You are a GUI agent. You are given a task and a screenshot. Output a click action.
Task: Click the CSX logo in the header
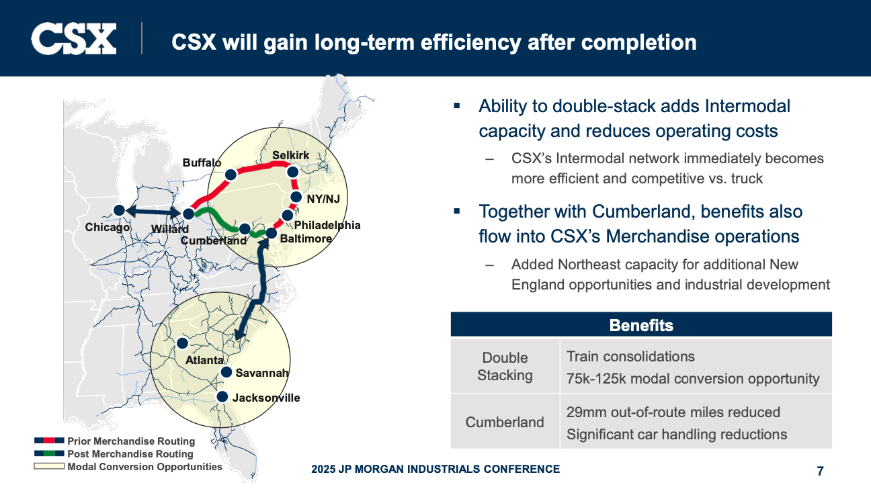(73, 38)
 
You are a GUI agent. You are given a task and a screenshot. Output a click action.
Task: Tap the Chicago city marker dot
(119, 210)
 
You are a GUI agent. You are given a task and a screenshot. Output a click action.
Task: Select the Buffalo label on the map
(202, 163)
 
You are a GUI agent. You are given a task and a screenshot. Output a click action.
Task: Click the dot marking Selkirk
(292, 172)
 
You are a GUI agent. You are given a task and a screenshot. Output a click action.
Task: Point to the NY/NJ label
(323, 199)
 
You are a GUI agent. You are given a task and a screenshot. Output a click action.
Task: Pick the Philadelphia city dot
(288, 215)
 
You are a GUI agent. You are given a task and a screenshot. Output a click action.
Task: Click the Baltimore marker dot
(271, 233)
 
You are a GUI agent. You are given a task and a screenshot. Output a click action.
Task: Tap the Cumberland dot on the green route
(245, 228)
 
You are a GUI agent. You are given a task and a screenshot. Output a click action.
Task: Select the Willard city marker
(189, 214)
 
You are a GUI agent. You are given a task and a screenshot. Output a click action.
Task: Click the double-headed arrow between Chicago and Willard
(154, 212)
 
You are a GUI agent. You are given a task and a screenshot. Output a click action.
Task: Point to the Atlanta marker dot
(182, 343)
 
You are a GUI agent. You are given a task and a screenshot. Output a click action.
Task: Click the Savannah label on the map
(261, 373)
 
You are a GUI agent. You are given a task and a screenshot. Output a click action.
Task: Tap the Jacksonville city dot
(222, 397)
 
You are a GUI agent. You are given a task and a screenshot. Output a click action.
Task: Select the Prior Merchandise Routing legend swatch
(49, 441)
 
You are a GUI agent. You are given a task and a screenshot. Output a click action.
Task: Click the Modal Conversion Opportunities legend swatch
(49, 466)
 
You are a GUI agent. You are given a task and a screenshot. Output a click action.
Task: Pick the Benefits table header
(641, 325)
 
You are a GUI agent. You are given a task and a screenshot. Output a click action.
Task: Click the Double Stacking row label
(505, 366)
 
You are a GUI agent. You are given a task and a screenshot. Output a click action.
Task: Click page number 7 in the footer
(820, 471)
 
